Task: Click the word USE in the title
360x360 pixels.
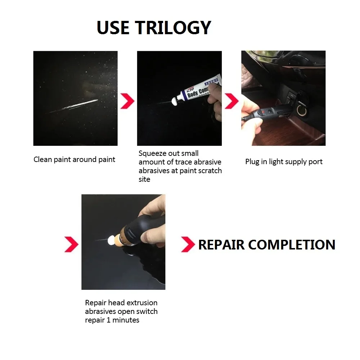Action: tap(114, 28)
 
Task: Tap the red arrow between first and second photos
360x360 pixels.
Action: tap(127, 101)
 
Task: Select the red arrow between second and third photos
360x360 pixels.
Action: tap(231, 101)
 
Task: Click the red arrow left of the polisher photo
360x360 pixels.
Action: tap(71, 244)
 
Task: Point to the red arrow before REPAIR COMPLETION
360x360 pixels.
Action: tap(188, 244)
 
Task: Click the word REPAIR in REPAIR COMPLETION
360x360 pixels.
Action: tap(222, 245)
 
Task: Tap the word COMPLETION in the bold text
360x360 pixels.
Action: tap(292, 245)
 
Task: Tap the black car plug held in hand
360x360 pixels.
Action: tap(268, 110)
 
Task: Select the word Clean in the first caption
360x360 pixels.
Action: tap(42, 159)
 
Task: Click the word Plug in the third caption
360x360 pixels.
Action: tap(252, 162)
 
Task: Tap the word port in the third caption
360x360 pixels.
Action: tap(315, 162)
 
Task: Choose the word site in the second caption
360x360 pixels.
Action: tap(144, 179)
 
